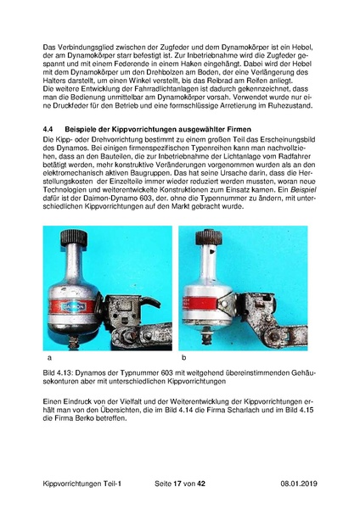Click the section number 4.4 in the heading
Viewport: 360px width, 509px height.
(x=48, y=129)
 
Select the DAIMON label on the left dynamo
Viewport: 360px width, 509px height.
(x=73, y=306)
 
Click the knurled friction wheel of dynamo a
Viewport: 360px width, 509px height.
(x=73, y=238)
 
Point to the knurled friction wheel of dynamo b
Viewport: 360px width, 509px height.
(x=209, y=238)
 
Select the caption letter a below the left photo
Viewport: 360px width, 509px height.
(x=49, y=358)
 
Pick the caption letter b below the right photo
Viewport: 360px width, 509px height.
(x=184, y=358)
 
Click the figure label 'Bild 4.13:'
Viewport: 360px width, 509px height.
(x=58, y=372)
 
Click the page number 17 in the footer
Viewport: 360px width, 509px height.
(x=177, y=484)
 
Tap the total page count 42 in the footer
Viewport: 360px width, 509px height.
(x=201, y=484)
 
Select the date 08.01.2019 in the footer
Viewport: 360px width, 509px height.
(x=299, y=484)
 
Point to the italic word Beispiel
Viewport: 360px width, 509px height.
(x=303, y=190)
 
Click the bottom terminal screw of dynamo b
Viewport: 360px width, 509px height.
(x=205, y=336)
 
